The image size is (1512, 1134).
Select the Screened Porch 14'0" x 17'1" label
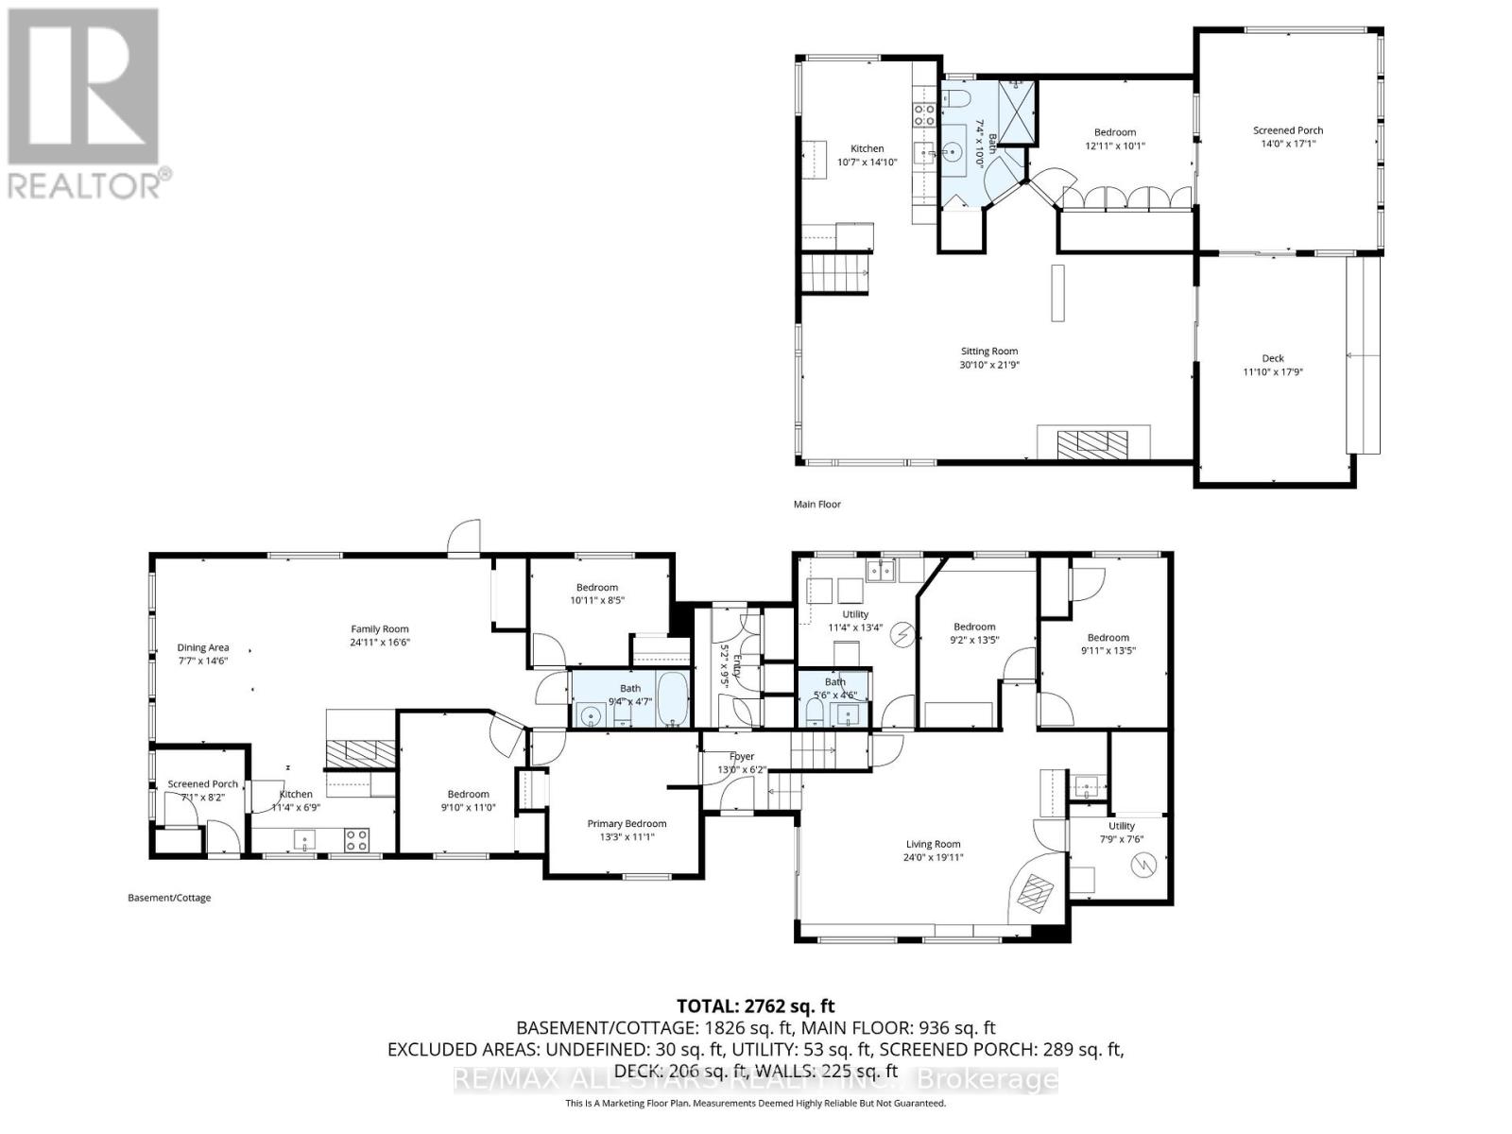point(1288,137)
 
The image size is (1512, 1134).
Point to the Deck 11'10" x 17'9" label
point(1273,364)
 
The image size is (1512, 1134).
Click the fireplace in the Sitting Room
point(1092,442)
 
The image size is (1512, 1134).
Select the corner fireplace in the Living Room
point(1035,893)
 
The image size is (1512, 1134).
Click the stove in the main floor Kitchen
point(923,115)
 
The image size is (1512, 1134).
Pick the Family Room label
point(380,635)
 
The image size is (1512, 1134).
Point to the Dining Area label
point(203,654)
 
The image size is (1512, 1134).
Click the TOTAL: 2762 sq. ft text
point(755,1006)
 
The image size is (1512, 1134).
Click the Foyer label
point(742,763)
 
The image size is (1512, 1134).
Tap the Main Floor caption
point(816,504)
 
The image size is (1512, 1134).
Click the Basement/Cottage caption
point(169,898)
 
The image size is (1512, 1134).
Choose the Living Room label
point(934,850)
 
